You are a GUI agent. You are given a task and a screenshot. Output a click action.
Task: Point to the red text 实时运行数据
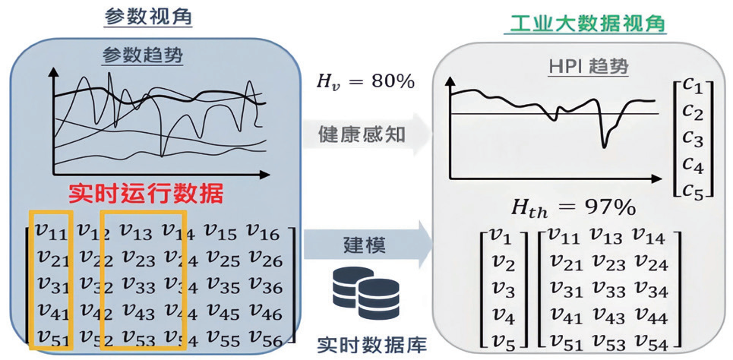click(146, 193)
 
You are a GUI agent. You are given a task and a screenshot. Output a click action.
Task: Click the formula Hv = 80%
click(366, 81)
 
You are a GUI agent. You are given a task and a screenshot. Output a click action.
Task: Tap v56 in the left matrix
click(264, 337)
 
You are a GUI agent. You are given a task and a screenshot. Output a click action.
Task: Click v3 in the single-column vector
click(504, 291)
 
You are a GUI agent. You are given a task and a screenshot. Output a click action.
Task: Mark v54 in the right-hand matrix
click(649, 344)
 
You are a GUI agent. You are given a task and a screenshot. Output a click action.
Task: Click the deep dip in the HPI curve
click(605, 146)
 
